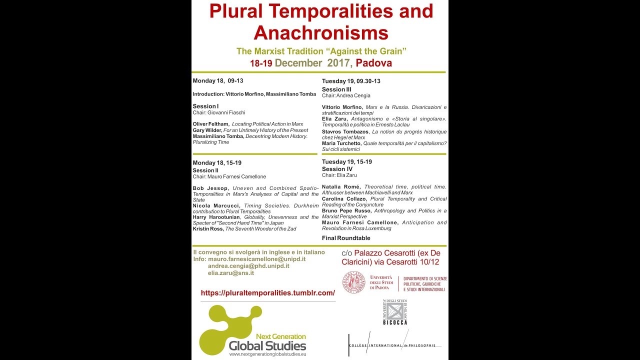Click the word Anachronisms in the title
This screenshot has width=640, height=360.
(320, 33)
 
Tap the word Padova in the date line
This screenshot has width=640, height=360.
(374, 63)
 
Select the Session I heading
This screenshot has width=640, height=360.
(205, 106)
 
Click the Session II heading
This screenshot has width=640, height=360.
(205, 170)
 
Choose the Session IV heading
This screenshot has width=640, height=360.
(337, 169)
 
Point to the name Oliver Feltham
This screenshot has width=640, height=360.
(211, 124)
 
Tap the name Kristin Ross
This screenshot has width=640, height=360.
(208, 229)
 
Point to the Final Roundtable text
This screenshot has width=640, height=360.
(346, 238)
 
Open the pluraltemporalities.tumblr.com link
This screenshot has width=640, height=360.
(267, 293)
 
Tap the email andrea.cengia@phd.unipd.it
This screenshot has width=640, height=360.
(248, 266)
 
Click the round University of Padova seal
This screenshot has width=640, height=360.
(353, 282)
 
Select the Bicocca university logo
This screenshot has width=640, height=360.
(395, 312)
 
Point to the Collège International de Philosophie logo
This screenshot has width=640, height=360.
(392, 344)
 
